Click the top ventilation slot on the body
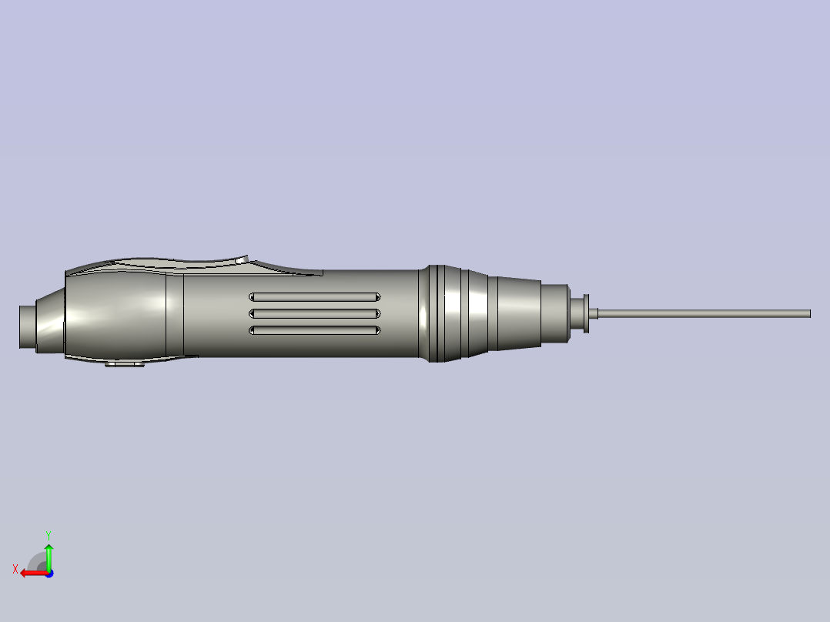(314, 297)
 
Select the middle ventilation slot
(314, 313)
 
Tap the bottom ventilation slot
(314, 330)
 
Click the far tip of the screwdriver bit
(808, 313)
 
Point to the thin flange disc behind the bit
(587, 313)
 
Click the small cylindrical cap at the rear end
(28, 327)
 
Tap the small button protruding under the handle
(125, 363)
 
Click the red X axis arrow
(31, 573)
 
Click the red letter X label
(15, 569)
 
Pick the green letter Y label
(48, 533)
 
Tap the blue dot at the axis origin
(49, 573)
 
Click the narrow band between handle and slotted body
(175, 316)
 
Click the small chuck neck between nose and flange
(576, 313)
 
